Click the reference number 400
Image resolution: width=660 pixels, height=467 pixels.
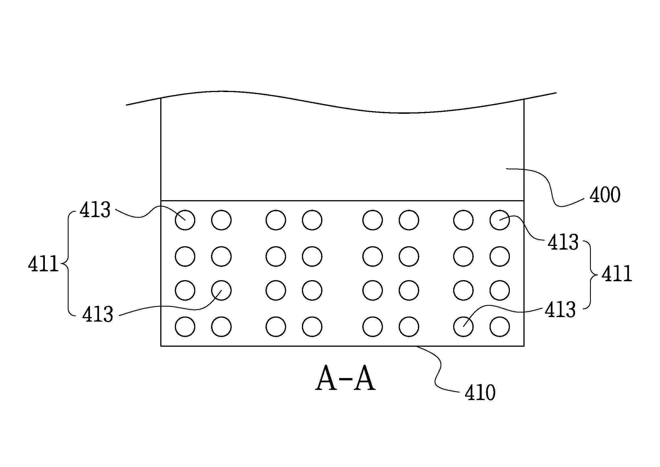point(605,195)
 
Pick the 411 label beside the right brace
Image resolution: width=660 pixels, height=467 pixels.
point(617,274)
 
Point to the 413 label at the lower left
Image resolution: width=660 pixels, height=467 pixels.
point(98,314)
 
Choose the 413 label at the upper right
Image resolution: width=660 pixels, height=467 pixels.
point(563,242)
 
